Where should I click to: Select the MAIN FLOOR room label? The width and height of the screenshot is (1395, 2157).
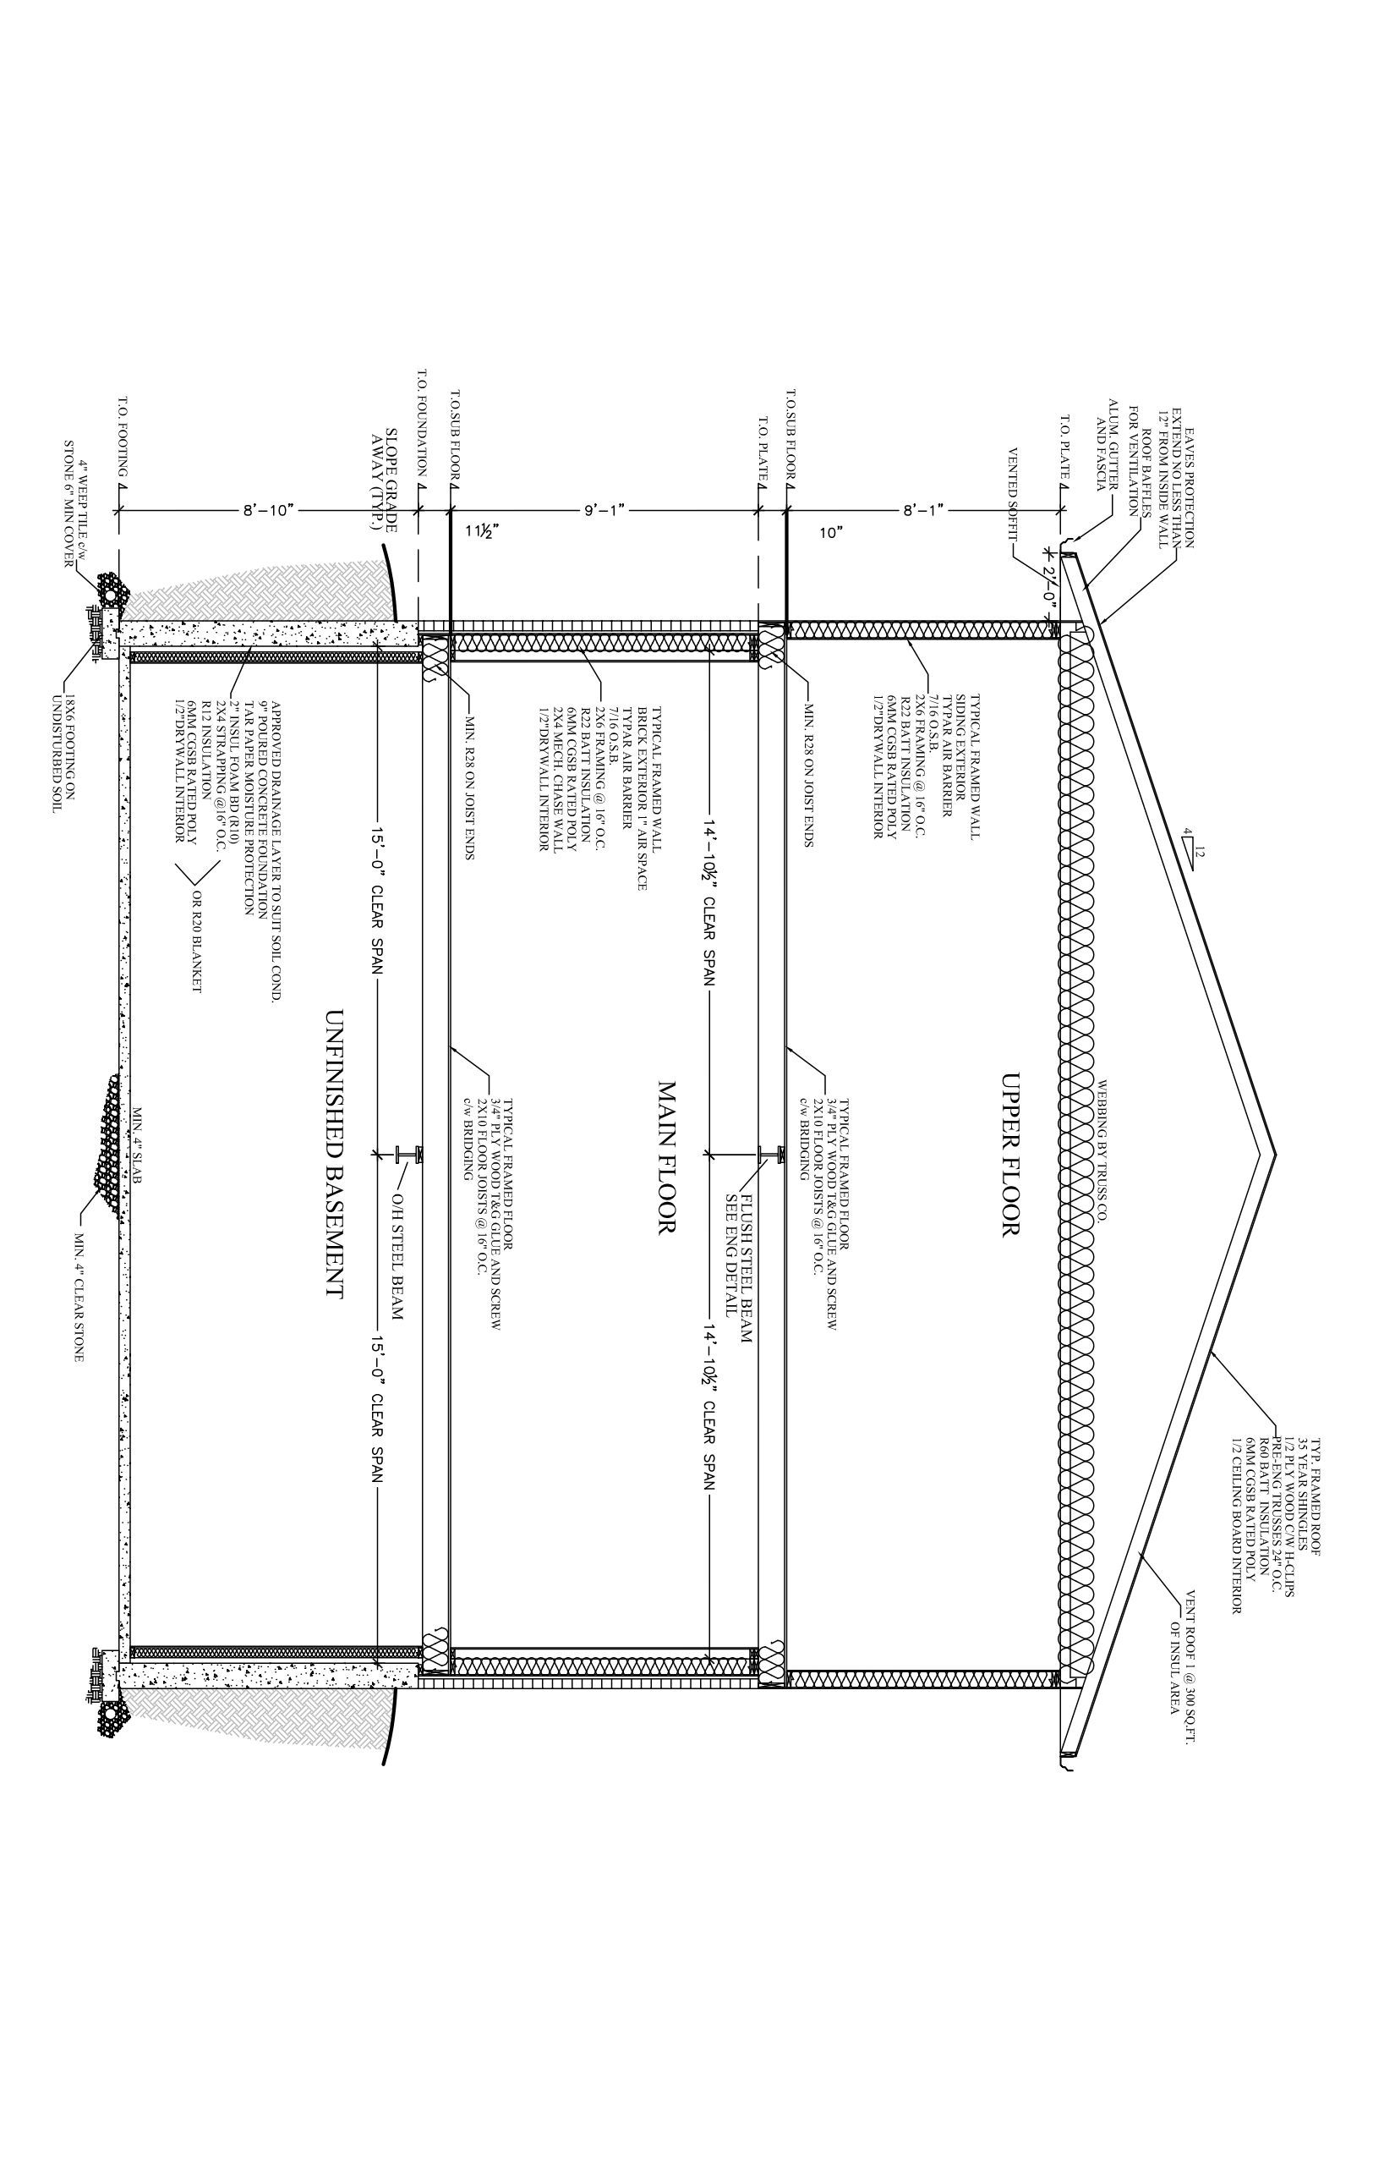point(668,1156)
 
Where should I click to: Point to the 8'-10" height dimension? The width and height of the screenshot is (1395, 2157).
point(268,510)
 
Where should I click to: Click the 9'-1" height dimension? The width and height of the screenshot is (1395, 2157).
point(604,510)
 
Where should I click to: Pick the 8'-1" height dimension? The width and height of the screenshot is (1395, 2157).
point(924,510)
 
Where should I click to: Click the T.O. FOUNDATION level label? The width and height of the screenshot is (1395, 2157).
point(422,422)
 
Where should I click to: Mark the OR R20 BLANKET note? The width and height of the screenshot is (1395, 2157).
point(194,941)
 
